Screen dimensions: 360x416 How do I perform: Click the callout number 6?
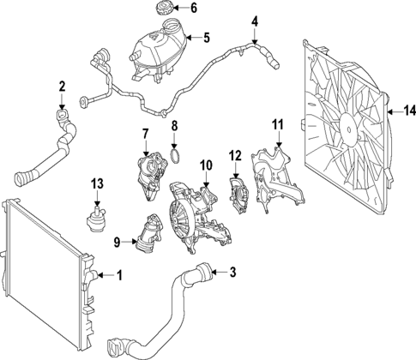tap(194, 9)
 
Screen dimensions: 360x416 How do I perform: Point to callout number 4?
tap(254, 21)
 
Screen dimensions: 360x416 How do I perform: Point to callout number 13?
tap(97, 183)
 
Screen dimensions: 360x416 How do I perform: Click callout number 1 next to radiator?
tap(119, 276)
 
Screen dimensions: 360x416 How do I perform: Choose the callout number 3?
tap(232, 273)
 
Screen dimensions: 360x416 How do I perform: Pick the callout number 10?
tap(205, 164)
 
